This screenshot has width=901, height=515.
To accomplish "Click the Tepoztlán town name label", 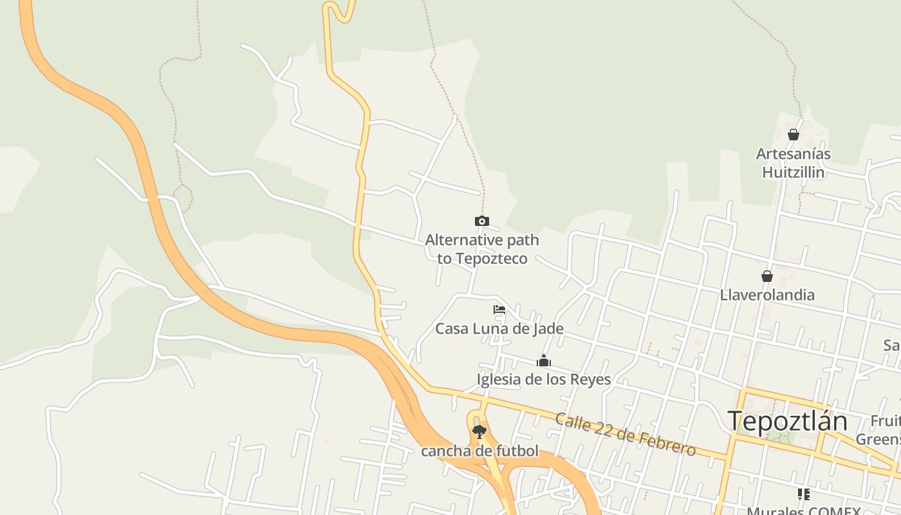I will point(788,422).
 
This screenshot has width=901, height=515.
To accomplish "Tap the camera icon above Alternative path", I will point(481,221).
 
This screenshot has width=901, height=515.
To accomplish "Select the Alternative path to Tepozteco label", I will point(482,249).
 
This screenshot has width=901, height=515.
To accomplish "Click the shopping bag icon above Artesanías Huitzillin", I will point(794,135).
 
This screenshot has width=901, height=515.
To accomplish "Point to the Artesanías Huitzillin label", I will point(793,163).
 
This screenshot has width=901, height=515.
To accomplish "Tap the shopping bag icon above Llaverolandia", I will point(767,276).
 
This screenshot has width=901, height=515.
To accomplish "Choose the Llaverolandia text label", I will point(767,295).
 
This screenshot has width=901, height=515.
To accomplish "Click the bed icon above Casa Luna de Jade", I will point(499,310).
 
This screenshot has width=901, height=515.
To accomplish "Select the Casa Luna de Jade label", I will point(499,328).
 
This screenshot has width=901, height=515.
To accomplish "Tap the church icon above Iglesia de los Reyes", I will point(544,360).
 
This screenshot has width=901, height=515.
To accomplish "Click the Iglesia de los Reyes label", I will point(543,379).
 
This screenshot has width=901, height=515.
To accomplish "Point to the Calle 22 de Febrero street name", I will point(625,435).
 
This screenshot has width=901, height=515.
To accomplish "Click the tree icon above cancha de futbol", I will point(479,432).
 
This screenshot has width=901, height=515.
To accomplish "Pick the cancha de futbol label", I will point(479,451).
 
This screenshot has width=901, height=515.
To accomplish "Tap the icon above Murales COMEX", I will point(803,494).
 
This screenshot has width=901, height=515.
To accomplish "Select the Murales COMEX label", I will point(803,511).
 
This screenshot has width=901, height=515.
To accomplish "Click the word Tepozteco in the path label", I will point(492,258).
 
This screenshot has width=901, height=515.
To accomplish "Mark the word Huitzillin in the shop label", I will point(793,173).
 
